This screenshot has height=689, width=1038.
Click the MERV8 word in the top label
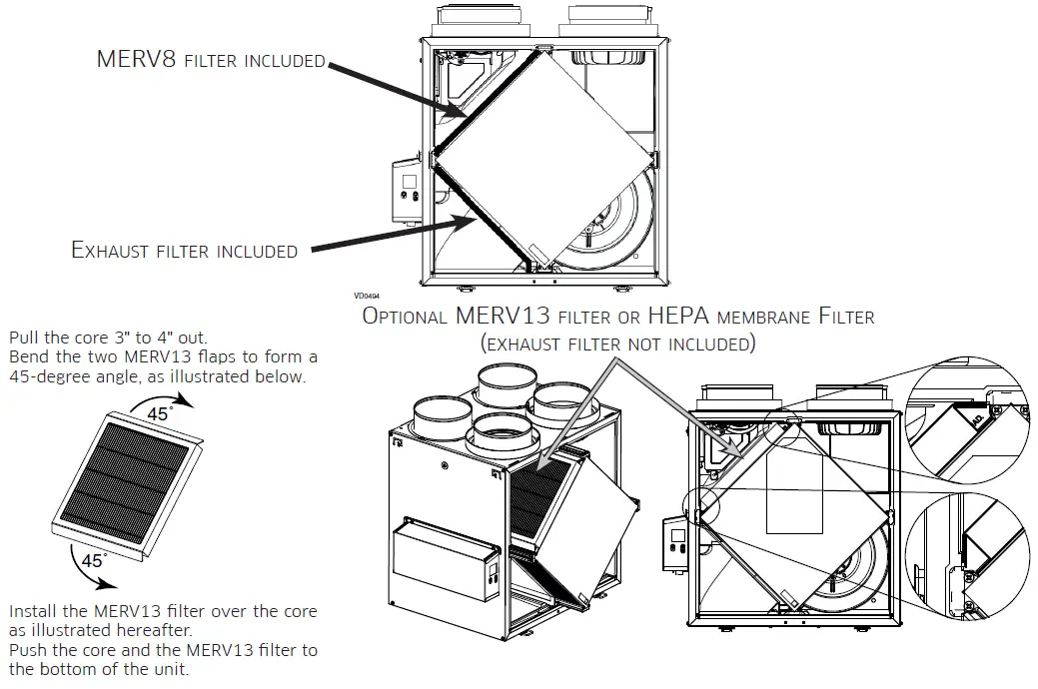click(137, 59)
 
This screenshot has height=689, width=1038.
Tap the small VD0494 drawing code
click(366, 296)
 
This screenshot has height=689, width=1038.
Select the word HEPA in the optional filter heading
click(681, 318)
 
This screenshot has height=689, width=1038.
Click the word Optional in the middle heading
click(406, 318)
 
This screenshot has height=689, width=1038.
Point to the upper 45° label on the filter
click(159, 412)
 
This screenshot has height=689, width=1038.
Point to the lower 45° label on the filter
click(94, 560)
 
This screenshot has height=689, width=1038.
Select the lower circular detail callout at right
click(966, 559)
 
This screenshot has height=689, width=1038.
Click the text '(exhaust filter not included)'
click(617, 344)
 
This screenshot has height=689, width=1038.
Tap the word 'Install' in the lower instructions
click(37, 611)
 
